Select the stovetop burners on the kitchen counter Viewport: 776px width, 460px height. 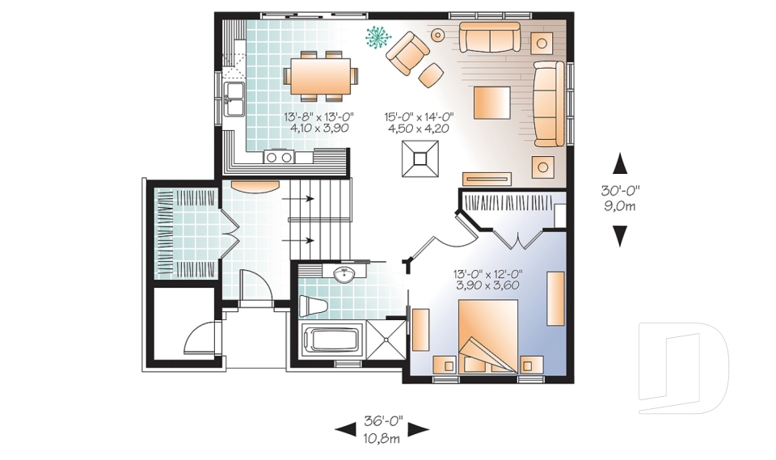pos(279,157)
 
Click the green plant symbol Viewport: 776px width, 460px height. pos(377,36)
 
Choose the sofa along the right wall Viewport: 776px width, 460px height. pos(550,103)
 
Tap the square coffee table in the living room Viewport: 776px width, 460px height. pos(491,103)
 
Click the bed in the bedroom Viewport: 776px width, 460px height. pos(487,336)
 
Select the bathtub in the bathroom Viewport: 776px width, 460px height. pos(333,340)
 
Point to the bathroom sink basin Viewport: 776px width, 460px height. pos(344,275)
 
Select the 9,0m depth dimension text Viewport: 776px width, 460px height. pos(620,206)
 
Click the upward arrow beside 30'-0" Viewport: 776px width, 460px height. pos(620,163)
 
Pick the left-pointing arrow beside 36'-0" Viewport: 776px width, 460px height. pos(345,430)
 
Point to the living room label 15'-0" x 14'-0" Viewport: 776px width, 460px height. pos(418,116)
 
